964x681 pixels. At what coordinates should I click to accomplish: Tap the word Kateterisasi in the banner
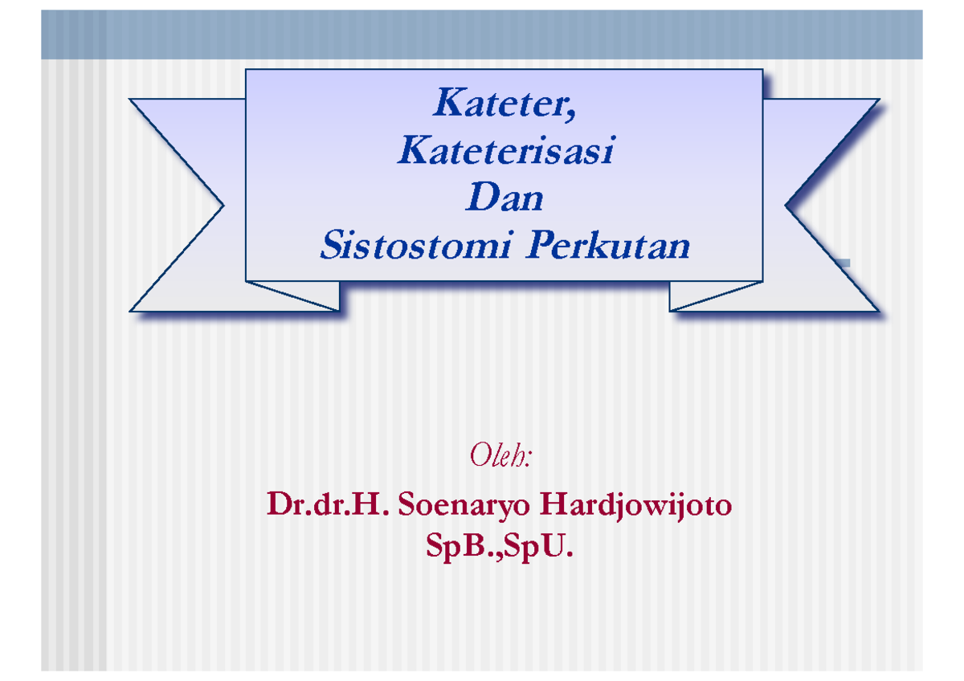505,151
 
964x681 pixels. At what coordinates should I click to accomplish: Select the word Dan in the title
504,198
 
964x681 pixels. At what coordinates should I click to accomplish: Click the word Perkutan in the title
607,245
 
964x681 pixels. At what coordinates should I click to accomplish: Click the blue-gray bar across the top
482,35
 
